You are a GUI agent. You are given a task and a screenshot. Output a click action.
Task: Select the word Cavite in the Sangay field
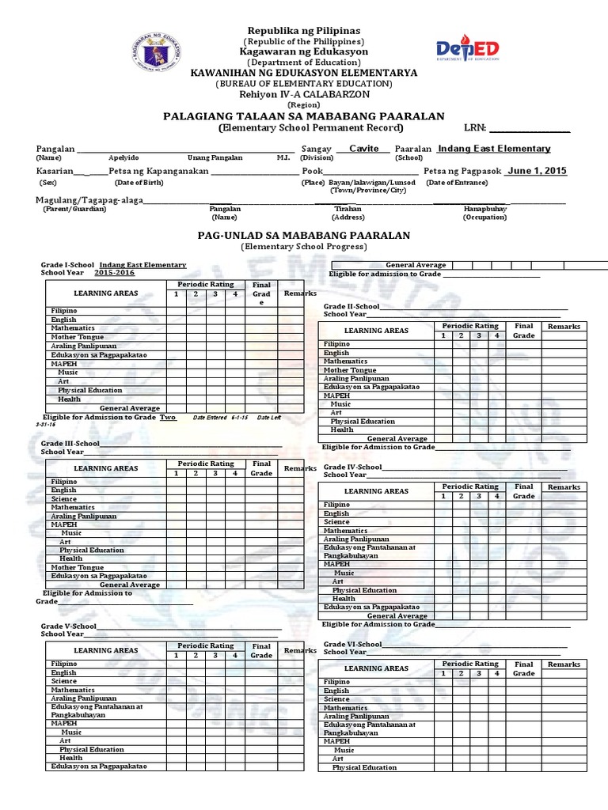364,149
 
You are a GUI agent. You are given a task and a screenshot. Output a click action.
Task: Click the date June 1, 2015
537,170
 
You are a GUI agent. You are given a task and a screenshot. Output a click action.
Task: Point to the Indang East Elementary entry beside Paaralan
494,149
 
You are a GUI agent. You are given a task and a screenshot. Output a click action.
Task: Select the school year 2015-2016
114,272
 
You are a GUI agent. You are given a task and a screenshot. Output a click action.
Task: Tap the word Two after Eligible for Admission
168,417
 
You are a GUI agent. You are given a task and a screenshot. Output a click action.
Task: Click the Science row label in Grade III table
64,499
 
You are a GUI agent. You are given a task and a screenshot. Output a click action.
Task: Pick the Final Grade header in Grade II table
523,331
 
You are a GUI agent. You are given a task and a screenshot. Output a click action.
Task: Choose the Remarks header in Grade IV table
564,487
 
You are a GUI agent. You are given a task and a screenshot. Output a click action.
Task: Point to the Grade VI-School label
353,645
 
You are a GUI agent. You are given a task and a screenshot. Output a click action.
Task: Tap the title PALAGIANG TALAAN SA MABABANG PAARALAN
304,115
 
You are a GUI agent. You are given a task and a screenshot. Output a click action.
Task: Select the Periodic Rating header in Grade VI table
470,664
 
